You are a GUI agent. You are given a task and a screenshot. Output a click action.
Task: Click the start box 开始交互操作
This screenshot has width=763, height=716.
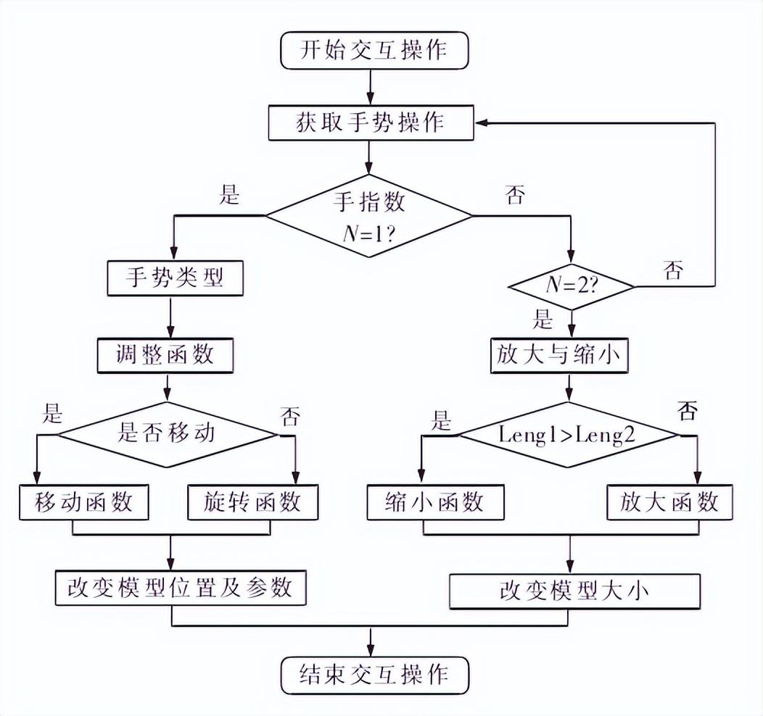coord(374,51)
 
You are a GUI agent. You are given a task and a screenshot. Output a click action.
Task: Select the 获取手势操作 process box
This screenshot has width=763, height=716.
coord(370,123)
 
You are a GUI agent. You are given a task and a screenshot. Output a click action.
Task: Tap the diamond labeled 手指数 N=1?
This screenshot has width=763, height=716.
coord(369,215)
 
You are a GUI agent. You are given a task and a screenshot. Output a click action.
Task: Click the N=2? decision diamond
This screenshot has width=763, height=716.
coord(571,287)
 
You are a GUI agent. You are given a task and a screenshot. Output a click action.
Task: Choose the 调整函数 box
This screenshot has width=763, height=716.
coord(165,356)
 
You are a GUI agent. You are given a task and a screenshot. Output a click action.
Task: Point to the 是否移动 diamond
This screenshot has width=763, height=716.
coord(167,435)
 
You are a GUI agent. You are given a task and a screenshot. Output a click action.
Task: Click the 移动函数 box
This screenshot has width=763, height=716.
coord(83,502)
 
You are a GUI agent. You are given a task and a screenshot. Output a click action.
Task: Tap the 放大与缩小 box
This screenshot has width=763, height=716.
coord(558,356)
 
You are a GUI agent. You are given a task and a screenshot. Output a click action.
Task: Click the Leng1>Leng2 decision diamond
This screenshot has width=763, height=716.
coord(569,436)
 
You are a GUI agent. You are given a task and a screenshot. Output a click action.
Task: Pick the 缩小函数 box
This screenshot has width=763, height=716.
coord(434,502)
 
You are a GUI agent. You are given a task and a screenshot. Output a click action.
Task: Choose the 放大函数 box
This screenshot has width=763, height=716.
coord(669,502)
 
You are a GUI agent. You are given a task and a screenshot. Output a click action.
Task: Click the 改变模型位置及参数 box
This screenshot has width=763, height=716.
coord(181,587)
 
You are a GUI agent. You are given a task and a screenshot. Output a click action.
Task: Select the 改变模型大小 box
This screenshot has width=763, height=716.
coord(575,591)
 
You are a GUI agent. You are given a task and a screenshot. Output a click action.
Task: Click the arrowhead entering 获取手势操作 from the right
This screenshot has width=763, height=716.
coord(481,123)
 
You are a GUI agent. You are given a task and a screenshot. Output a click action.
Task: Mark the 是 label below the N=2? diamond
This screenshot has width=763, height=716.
coord(543,319)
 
